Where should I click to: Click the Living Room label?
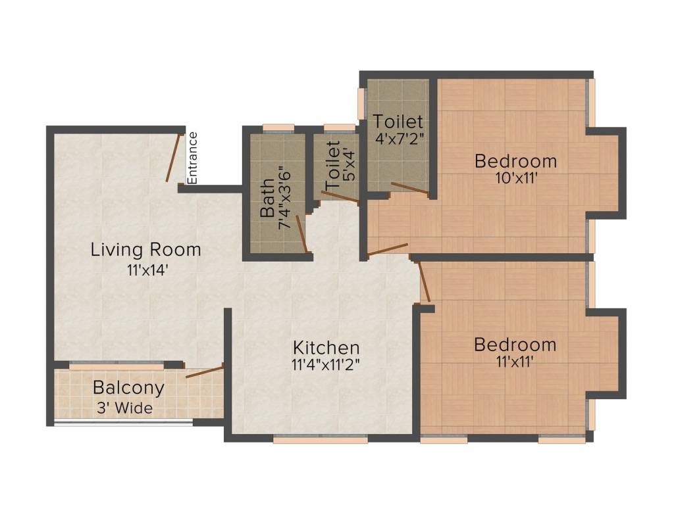coord(145,250)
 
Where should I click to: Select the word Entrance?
coord(192,158)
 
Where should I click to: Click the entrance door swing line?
coord(173,157)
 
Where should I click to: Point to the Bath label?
coord(267,198)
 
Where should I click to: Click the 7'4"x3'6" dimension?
coord(284,198)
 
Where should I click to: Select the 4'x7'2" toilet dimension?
coord(400,139)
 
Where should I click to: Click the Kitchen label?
coord(326,347)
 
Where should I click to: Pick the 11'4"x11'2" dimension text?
coord(326,365)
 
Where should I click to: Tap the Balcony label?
coord(128,388)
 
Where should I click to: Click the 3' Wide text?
coord(124,407)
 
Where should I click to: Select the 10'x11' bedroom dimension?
coord(516,178)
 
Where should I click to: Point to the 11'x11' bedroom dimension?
coord(515,362)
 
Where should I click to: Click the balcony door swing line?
coord(205,371)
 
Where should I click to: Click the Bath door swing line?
coord(301,235)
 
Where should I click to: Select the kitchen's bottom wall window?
coord(321,439)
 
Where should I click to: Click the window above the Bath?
coord(278,128)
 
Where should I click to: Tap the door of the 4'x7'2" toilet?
coord(409,189)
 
